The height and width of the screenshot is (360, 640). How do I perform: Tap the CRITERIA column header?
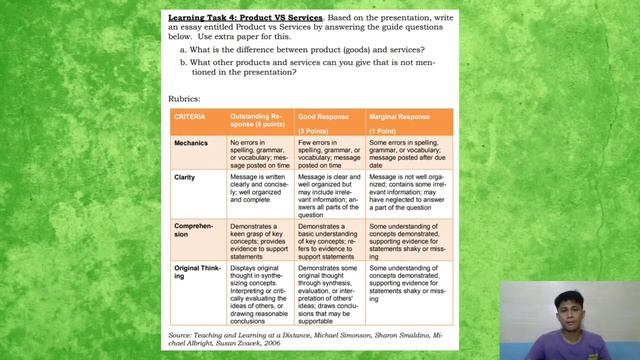tap(190, 117)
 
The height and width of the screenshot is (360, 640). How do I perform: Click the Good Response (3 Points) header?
tap(326, 123)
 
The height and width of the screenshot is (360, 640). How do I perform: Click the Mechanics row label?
tap(191, 143)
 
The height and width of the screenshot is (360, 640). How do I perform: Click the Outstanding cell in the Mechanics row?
tap(260, 153)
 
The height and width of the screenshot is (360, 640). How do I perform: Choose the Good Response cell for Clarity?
tap(328, 195)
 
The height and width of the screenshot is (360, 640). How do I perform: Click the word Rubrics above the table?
tap(185, 98)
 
